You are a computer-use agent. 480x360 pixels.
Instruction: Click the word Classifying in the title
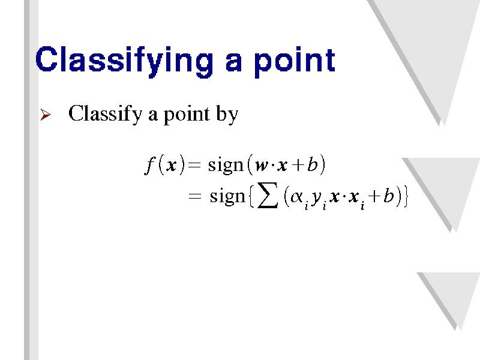click(124, 61)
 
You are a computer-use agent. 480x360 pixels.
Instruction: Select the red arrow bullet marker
click(46, 115)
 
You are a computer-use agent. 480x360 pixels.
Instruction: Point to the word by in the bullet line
click(227, 115)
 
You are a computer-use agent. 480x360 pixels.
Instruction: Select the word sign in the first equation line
click(226, 166)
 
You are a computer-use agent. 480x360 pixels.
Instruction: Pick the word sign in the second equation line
click(227, 196)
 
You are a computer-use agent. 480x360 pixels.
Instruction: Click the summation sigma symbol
click(268, 196)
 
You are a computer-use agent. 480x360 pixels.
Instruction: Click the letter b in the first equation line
click(312, 164)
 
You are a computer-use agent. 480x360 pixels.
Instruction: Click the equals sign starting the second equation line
click(194, 196)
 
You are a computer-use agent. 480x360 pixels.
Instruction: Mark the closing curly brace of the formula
click(406, 196)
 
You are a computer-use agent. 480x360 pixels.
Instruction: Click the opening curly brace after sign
click(251, 196)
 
